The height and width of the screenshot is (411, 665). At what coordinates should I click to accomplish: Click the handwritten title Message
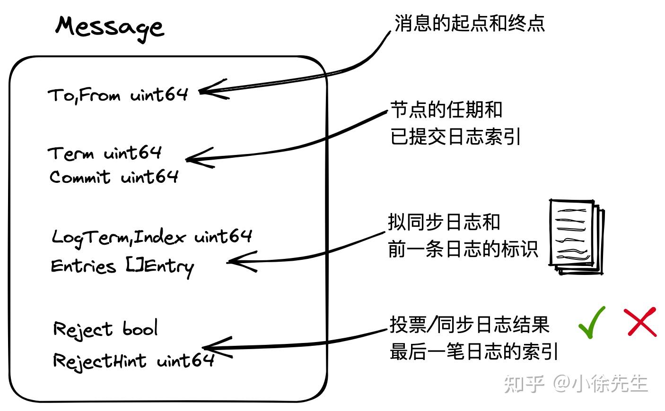[110, 27]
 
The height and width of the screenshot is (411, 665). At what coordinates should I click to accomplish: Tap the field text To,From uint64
[118, 95]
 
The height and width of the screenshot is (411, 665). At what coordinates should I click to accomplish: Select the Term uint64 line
[105, 153]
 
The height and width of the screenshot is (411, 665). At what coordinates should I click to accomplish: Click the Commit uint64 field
[114, 177]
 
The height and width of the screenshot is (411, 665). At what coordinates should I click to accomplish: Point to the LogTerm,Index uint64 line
[152, 236]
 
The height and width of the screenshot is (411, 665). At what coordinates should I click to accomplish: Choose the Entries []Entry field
[122, 266]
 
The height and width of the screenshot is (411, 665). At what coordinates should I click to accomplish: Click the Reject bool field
[105, 329]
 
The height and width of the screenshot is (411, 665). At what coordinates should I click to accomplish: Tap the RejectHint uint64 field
[134, 361]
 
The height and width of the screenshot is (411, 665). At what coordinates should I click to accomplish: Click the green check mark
[592, 322]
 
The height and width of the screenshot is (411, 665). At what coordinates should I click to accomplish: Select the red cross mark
[640, 322]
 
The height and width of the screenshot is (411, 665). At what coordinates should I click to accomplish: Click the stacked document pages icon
[576, 237]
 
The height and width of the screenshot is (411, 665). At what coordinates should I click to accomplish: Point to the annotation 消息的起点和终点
[469, 23]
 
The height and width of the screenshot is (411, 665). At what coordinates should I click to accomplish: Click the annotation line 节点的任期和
[446, 110]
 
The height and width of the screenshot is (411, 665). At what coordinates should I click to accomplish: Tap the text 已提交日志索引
[455, 137]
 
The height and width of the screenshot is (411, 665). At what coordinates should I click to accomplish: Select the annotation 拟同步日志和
[444, 222]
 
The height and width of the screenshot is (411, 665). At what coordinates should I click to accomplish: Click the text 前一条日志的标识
[463, 249]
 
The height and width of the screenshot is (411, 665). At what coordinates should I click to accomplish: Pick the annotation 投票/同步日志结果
[469, 325]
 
